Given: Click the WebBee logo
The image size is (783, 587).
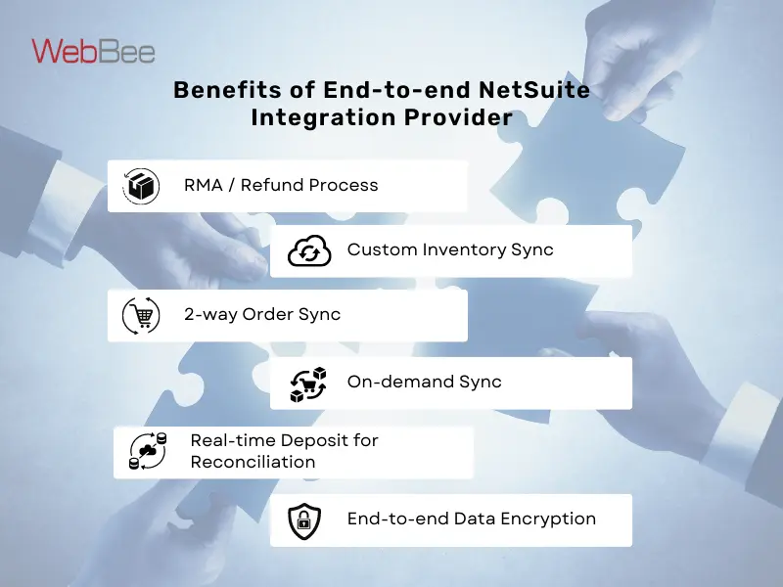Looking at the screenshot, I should click(93, 51).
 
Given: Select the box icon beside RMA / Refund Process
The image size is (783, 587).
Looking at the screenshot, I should click(141, 186).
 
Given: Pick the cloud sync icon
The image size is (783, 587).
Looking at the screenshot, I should click(308, 251).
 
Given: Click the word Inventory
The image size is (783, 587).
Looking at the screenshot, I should click(464, 249).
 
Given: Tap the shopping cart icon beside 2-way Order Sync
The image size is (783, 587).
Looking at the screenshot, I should click(141, 315).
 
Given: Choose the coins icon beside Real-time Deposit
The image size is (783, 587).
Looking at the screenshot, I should click(148, 451).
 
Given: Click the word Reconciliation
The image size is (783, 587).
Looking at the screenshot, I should click(253, 462).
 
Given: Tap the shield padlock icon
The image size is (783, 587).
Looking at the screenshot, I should click(304, 520).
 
